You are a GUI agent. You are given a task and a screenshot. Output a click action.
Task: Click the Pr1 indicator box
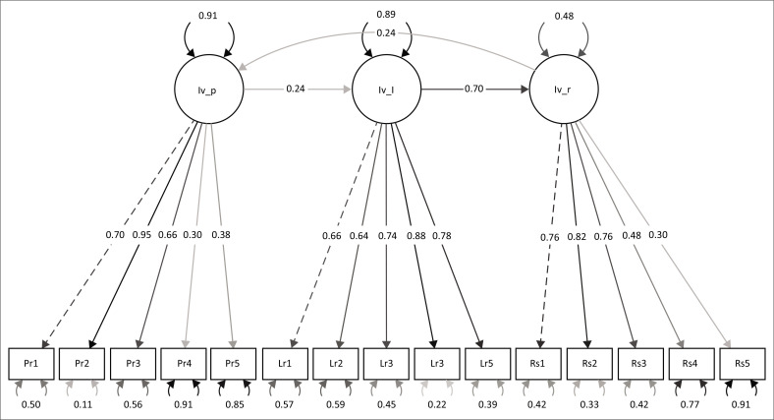tap(30, 364)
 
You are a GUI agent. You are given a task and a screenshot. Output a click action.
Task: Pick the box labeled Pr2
tap(82, 364)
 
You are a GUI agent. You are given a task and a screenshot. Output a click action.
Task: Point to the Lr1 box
tap(285, 364)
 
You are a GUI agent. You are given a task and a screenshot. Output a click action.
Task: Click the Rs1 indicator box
tap(538, 364)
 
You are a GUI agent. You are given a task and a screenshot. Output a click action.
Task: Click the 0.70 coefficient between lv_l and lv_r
tap(473, 90)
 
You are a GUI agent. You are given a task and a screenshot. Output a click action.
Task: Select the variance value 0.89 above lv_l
tap(385, 15)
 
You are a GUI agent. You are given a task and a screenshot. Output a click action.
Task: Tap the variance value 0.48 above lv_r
tap(564, 15)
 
